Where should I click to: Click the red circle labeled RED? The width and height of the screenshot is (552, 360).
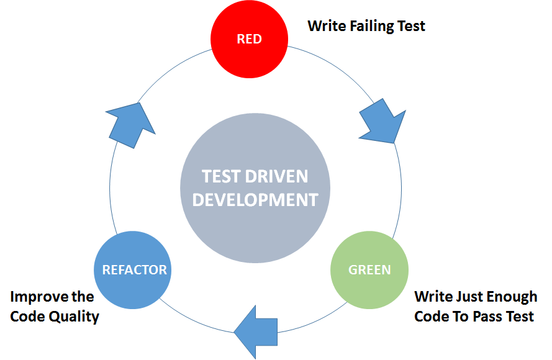(249, 39)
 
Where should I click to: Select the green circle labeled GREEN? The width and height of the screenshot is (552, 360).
(369, 270)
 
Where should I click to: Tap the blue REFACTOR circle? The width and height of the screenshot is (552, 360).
(134, 270)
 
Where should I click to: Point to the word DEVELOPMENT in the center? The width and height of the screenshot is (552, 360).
(255, 200)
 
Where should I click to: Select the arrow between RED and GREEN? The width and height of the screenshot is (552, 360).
(381, 123)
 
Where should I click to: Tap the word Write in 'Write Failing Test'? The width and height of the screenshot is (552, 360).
(327, 26)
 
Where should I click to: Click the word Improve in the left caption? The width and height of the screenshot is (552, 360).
(35, 297)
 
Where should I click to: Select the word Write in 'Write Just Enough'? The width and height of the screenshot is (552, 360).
(434, 297)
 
